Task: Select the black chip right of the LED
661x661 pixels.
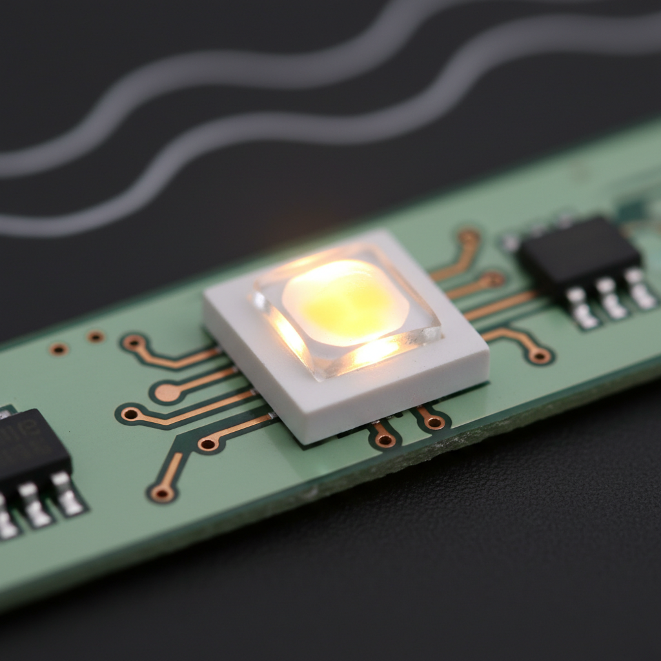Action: click(x=578, y=255)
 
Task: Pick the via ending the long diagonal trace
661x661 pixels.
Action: click(x=161, y=493)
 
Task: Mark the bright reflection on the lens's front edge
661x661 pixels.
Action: click(x=374, y=352)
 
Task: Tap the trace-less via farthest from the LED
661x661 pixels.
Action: click(x=59, y=349)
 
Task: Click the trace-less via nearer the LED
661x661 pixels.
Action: click(x=96, y=336)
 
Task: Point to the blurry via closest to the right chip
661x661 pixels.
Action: click(x=494, y=279)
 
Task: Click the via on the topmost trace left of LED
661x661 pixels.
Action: click(x=135, y=343)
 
